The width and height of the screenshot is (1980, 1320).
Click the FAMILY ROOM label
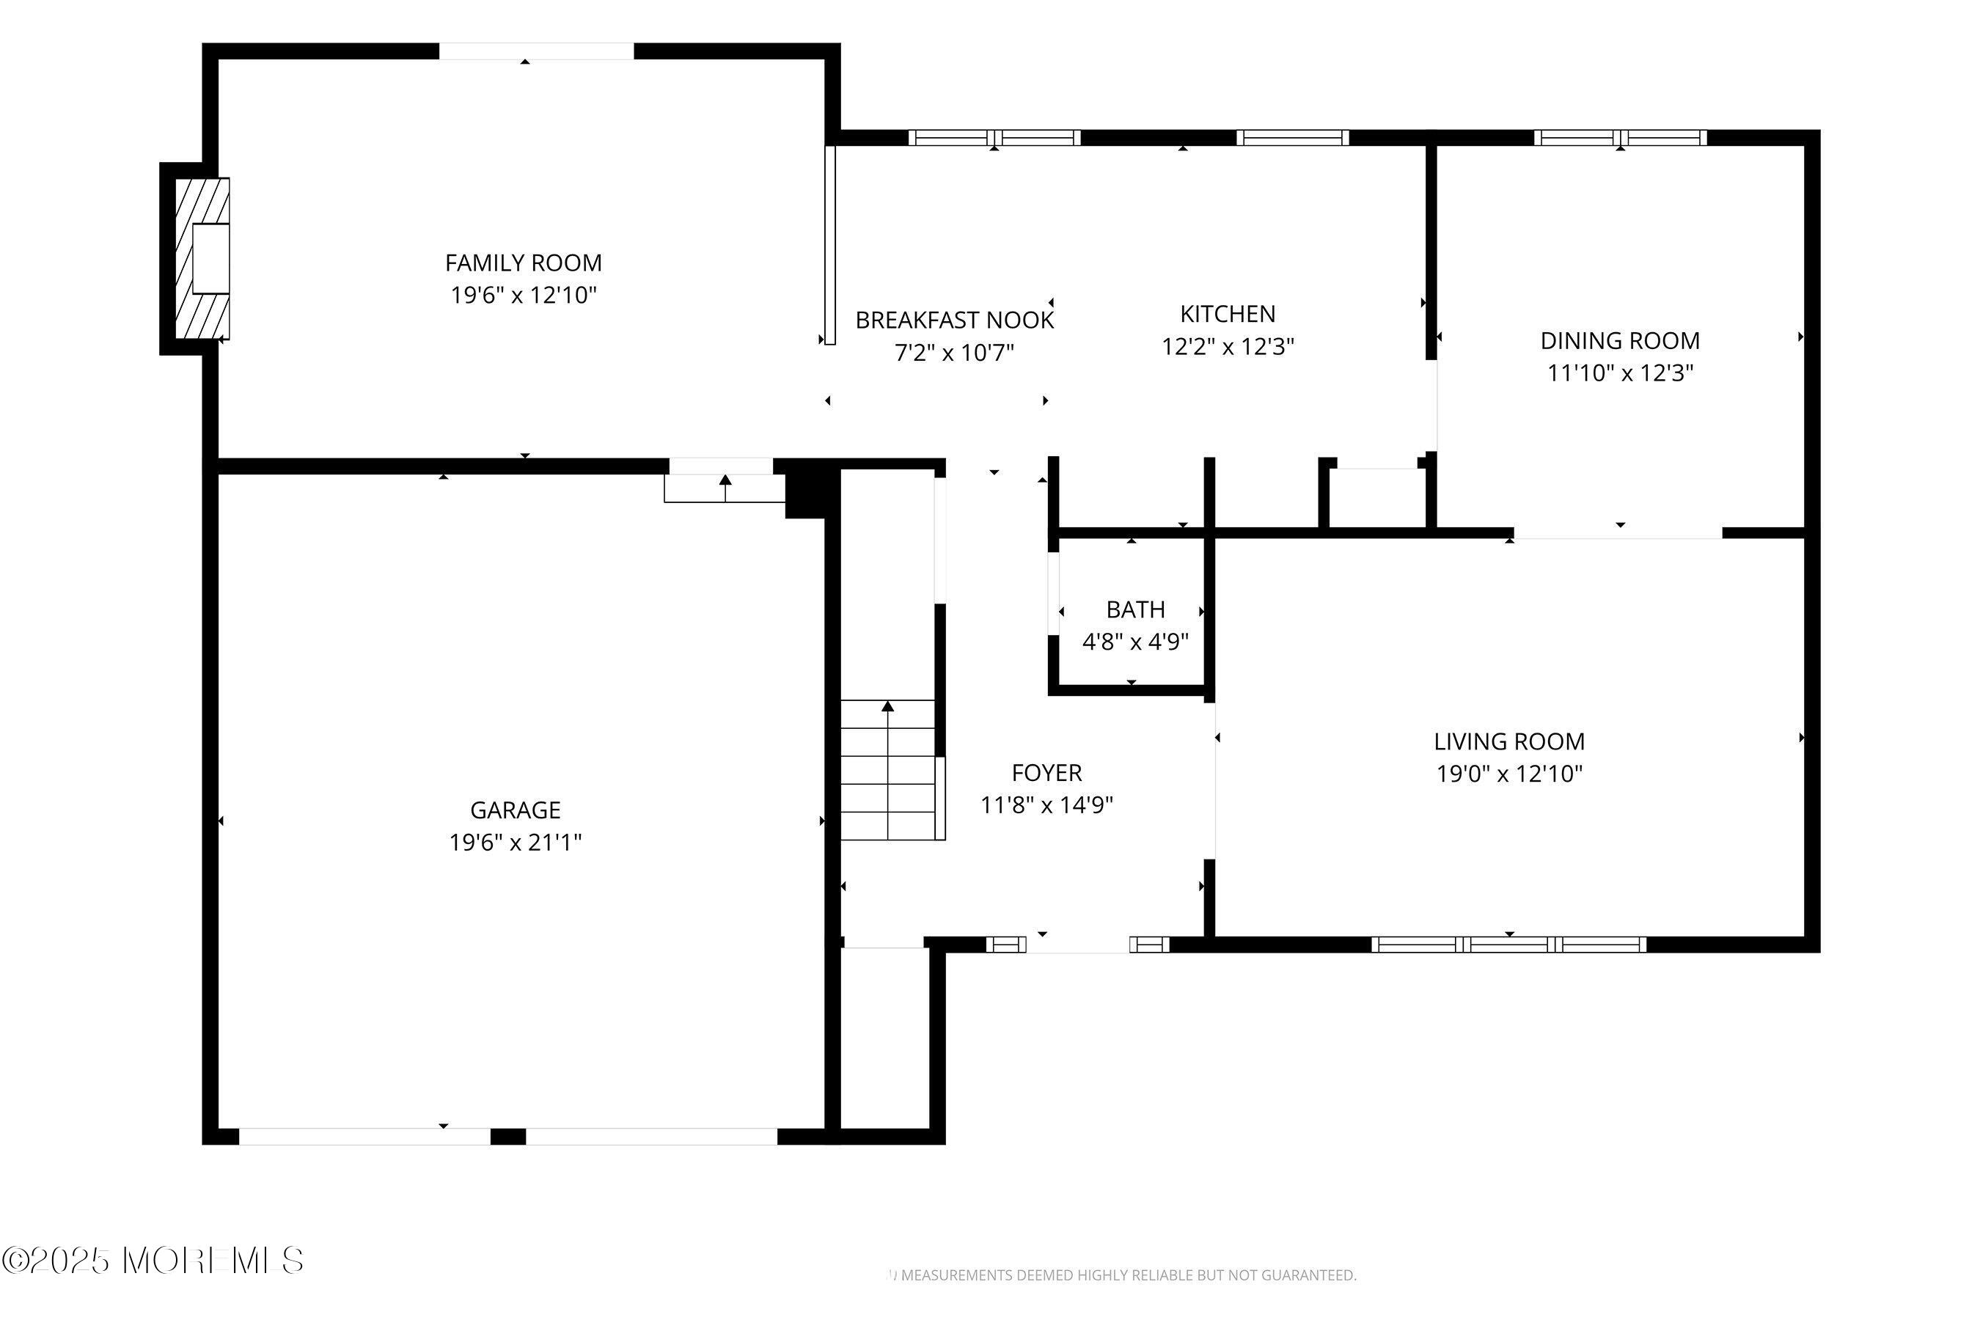click(524, 263)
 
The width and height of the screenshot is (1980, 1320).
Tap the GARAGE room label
click(516, 810)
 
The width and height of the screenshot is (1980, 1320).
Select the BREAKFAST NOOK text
click(955, 320)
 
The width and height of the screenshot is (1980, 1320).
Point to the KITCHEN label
click(1228, 314)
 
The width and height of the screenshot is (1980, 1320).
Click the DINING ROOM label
click(1620, 341)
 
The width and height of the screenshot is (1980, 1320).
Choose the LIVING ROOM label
click(1509, 741)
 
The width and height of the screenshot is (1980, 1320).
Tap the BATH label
click(1136, 609)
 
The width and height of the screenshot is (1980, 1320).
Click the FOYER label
click(1046, 773)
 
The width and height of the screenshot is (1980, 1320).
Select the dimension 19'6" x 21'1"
click(516, 842)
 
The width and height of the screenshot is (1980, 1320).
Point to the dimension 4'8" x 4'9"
click(1136, 642)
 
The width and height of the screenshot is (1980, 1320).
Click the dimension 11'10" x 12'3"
click(1620, 373)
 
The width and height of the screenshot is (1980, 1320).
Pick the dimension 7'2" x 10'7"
click(955, 352)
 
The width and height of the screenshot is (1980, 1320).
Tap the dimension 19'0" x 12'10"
click(1509, 774)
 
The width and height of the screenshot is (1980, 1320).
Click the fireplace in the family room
click(202, 258)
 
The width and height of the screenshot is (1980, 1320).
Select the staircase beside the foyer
click(888, 769)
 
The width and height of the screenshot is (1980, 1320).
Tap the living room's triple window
click(1508, 945)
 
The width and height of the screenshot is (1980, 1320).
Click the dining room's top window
click(1621, 137)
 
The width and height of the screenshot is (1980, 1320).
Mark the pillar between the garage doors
click(507, 1137)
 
